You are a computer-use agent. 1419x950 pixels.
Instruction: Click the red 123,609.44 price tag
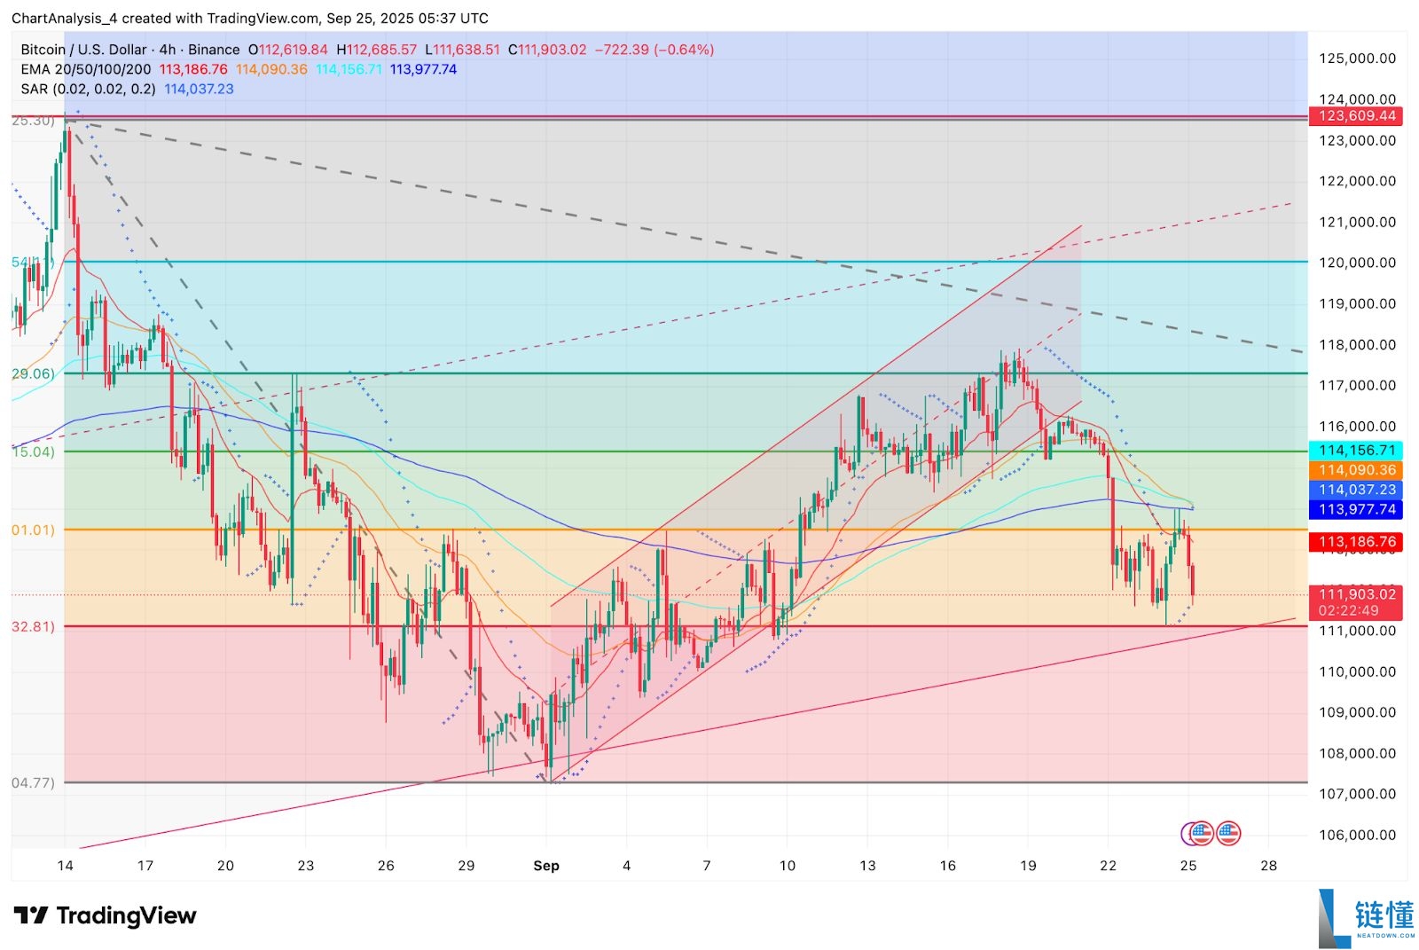[x=1356, y=116]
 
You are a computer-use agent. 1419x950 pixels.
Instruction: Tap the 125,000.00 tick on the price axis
[x=1357, y=59]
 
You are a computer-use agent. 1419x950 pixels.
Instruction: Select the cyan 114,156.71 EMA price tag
[x=1356, y=451]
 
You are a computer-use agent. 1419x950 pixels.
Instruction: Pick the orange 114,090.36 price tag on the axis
[x=1356, y=470]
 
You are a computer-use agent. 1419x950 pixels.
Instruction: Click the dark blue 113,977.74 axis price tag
[x=1356, y=509]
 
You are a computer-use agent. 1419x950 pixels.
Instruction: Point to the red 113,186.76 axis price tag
[x=1356, y=541]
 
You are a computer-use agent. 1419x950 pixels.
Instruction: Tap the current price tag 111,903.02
[x=1356, y=594]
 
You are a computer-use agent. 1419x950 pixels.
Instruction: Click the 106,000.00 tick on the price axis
[x=1357, y=835]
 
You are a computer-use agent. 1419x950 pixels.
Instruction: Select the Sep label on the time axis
[x=546, y=866]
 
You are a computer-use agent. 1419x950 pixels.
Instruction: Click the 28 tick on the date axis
[x=1268, y=866]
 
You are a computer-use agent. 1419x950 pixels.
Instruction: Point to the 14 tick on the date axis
[x=65, y=866]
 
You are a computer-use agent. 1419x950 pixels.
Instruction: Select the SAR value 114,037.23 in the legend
[x=199, y=89]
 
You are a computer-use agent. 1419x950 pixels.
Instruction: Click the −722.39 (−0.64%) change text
[x=654, y=50]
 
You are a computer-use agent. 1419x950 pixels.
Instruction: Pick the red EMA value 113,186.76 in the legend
[x=193, y=69]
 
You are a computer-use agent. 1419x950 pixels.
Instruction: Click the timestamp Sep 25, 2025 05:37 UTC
[x=407, y=18]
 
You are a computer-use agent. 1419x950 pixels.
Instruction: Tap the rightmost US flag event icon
[x=1228, y=833]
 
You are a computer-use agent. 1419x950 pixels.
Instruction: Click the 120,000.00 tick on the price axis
[x=1357, y=263]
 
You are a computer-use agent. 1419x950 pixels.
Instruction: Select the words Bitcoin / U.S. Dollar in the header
[x=82, y=50]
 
